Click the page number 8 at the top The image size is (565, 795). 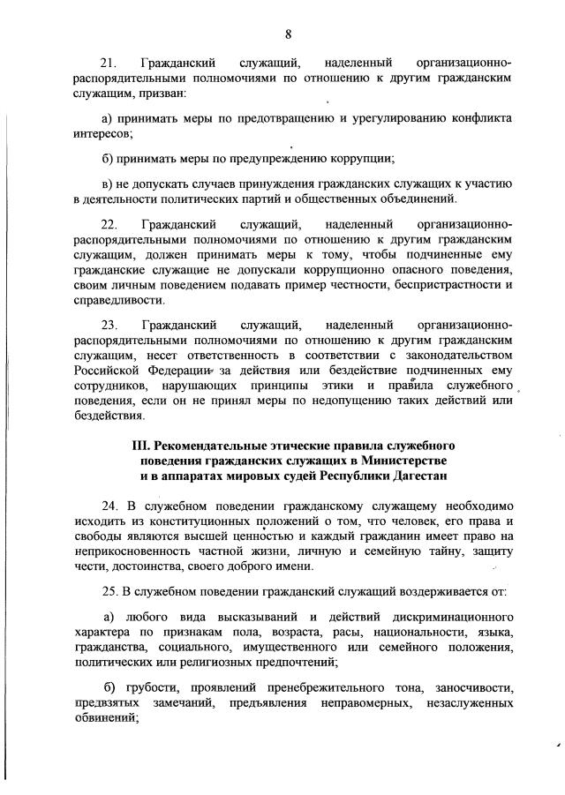289,34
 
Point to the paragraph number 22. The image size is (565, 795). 109,225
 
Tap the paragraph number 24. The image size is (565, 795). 110,506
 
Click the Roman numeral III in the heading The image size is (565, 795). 142,445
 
